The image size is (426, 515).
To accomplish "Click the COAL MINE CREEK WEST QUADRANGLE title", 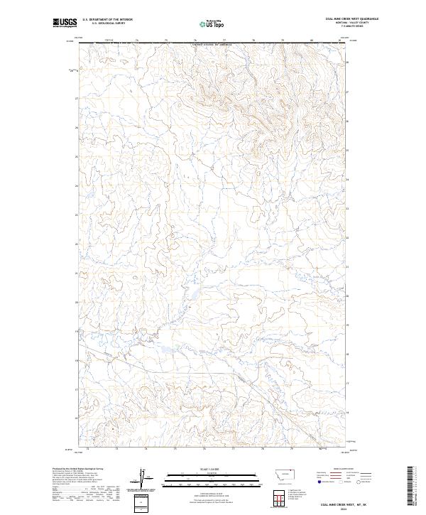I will [351, 19].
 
